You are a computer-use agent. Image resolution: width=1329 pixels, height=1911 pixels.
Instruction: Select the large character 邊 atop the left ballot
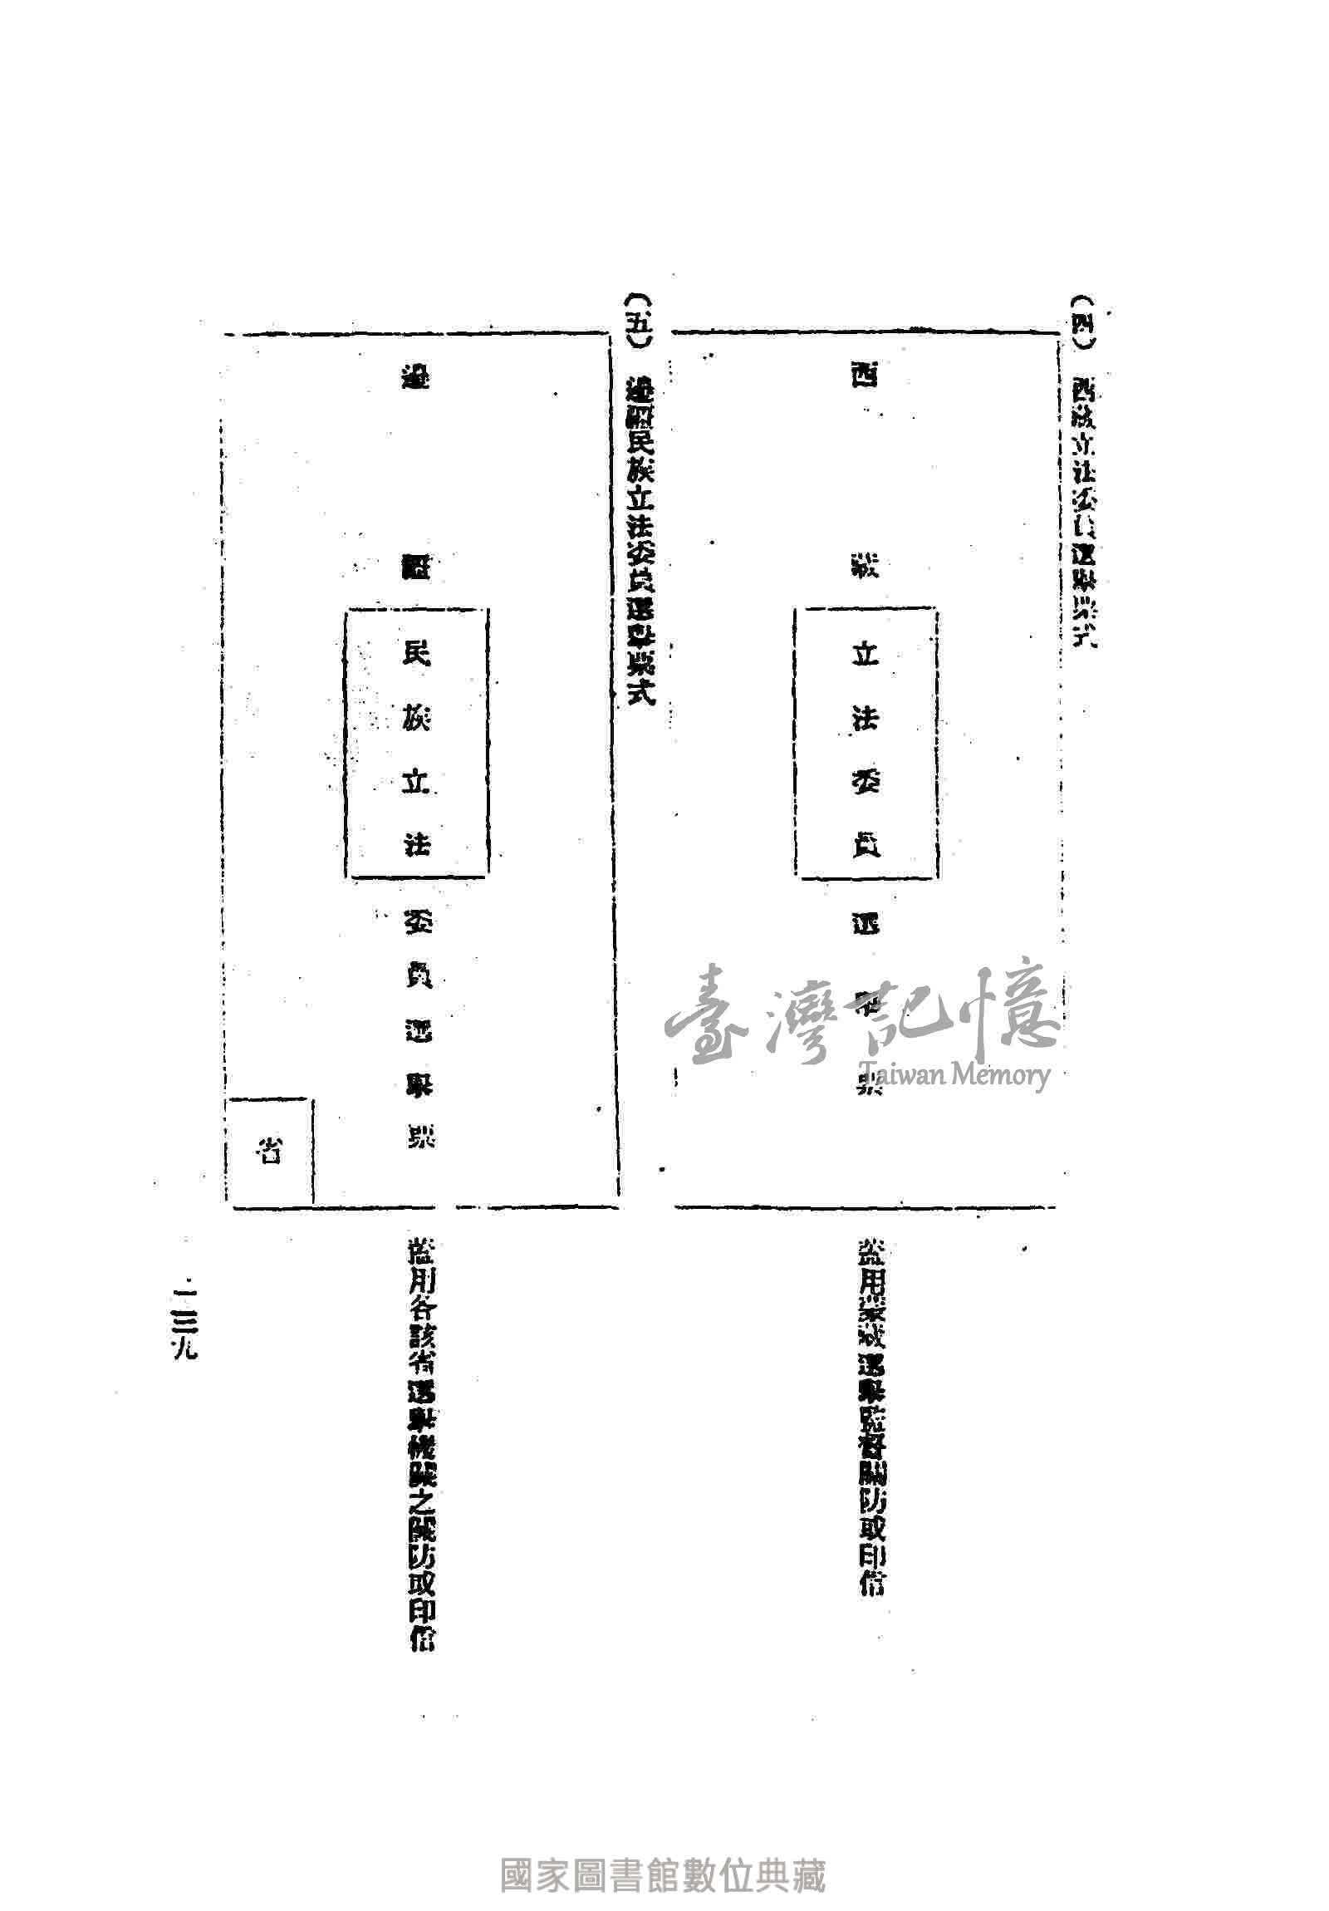[415, 379]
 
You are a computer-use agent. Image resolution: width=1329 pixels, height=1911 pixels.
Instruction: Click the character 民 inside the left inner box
[415, 655]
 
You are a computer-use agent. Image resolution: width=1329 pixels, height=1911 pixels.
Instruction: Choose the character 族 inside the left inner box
[415, 719]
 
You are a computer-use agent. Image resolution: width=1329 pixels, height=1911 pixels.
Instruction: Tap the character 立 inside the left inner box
[415, 783]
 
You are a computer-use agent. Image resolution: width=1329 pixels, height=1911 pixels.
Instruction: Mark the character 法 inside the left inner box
[415, 846]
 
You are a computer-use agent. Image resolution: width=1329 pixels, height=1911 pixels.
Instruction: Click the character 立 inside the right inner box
[864, 655]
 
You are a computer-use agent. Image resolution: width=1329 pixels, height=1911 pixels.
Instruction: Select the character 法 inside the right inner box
[864, 719]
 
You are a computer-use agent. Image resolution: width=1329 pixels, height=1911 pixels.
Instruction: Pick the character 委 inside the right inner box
[864, 781]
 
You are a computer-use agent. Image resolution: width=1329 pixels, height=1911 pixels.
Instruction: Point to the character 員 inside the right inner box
[864, 846]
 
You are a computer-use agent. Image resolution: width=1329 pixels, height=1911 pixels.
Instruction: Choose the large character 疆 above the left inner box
[415, 568]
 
